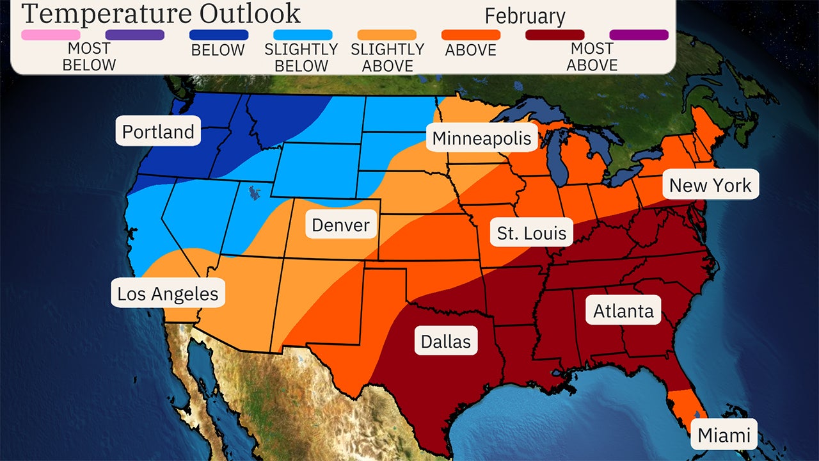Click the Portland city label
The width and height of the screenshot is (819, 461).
(158, 132)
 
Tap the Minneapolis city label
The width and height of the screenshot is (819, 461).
(481, 138)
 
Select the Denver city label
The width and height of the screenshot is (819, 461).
(340, 225)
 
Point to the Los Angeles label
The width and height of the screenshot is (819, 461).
(168, 294)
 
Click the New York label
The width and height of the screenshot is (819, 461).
(710, 185)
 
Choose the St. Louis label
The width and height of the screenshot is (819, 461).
(532, 233)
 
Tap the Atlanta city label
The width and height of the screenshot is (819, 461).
(623, 311)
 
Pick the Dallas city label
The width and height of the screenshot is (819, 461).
(445, 341)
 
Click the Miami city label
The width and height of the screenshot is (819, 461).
(724, 435)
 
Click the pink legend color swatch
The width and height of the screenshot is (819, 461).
(51, 35)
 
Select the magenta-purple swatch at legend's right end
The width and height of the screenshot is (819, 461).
(639, 35)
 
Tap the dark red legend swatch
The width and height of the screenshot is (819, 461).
(554, 35)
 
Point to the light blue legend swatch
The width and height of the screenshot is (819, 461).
(303, 35)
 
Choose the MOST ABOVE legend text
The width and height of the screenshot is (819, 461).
(592, 56)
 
